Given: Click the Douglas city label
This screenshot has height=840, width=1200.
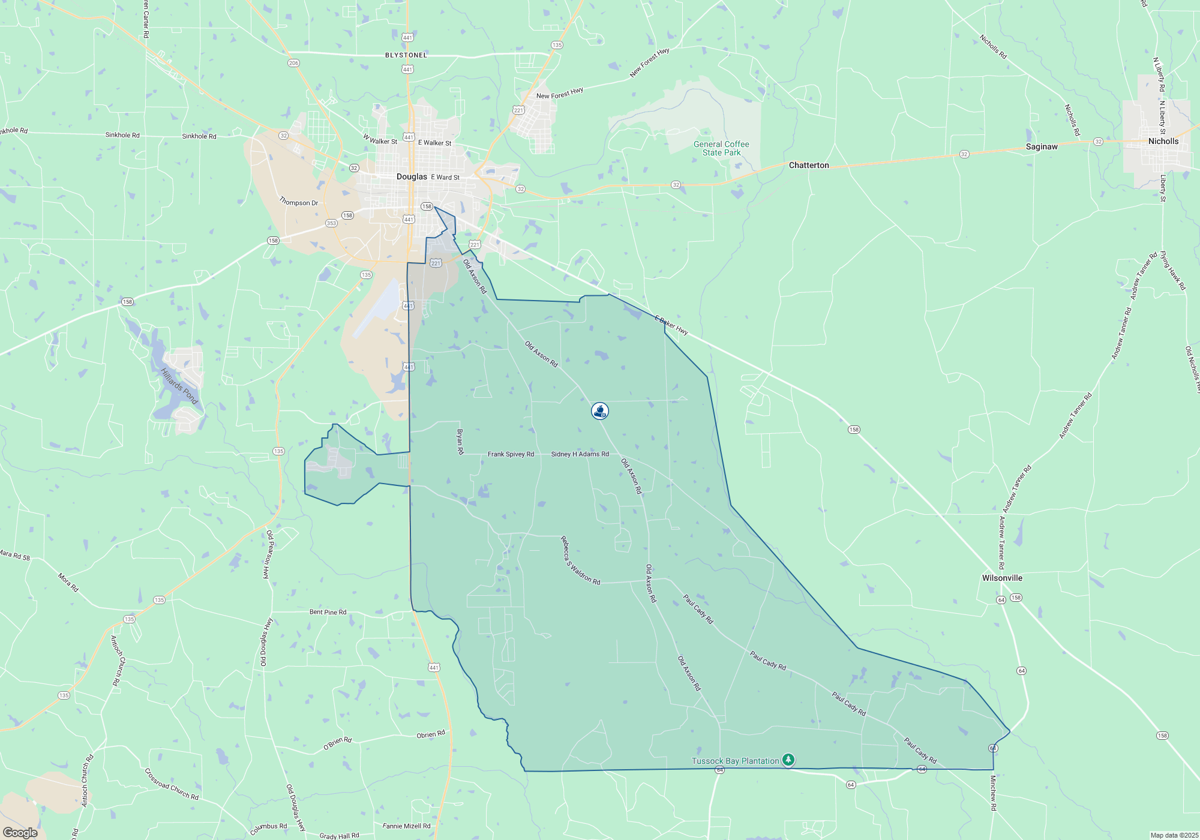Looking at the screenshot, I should [x=412, y=176].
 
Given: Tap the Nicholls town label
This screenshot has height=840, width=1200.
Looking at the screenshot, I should [x=1163, y=141].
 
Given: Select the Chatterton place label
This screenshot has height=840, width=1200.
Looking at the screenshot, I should [x=808, y=165].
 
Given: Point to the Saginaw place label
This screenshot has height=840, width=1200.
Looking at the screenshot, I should [x=1041, y=146].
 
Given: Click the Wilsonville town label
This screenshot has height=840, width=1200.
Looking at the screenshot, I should [x=1001, y=578].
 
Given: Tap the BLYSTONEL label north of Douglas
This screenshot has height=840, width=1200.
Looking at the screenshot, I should [x=406, y=55].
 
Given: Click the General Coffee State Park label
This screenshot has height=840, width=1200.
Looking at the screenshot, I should [x=721, y=148].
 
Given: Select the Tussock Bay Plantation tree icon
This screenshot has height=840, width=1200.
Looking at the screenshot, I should [x=788, y=760].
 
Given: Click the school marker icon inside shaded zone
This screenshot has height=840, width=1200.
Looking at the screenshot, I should [x=599, y=410].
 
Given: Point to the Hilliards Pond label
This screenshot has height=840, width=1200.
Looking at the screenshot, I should [x=179, y=386].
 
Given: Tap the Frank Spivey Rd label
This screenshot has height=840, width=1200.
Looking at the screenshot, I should [x=511, y=454].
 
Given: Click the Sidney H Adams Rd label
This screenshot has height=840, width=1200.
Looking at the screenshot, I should [x=580, y=454].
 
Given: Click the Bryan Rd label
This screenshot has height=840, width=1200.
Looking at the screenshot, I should [x=460, y=441].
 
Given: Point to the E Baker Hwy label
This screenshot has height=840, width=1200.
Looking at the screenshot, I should [x=671, y=325].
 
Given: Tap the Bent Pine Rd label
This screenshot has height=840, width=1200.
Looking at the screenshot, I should [x=328, y=612].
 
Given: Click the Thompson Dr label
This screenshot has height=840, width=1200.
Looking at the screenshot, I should [x=298, y=202].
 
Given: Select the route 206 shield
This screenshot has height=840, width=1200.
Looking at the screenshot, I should [x=293, y=63].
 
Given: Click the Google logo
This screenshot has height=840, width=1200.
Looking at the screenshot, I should [x=20, y=832].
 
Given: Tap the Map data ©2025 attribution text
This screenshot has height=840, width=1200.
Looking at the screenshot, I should [x=1174, y=835].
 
